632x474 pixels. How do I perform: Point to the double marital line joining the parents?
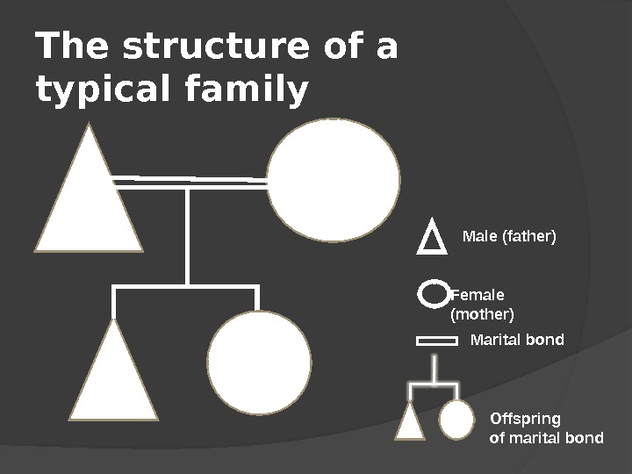(190, 180)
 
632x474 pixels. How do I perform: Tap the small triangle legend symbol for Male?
(429, 239)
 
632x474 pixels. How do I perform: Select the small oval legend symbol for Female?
(432, 294)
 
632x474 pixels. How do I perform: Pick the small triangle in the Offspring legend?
(410, 422)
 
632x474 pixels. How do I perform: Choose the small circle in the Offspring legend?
(456, 419)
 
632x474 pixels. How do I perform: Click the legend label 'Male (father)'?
(510, 237)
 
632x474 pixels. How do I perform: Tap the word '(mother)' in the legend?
(482, 313)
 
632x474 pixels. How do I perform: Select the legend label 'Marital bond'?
(518, 340)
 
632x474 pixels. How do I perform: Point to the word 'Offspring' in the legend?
(524, 417)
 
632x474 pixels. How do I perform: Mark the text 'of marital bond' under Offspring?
(545, 437)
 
